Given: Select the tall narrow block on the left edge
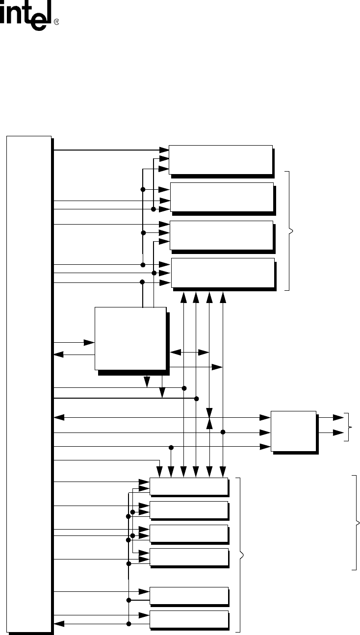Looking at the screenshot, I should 28,384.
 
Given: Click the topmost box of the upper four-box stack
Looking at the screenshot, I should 220,159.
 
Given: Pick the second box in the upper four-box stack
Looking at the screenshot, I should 221,196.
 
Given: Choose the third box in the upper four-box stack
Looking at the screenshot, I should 221,235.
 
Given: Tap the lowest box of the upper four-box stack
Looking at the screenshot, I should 222,272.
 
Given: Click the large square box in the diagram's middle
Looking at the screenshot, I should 130,338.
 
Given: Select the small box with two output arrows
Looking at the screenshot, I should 293,431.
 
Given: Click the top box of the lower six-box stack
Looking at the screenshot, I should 188,487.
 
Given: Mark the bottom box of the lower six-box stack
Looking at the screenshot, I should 188,619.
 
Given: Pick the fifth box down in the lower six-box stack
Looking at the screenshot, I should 188,595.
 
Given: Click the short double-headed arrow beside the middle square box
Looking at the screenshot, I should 189,352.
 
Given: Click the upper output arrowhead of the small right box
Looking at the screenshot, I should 339,418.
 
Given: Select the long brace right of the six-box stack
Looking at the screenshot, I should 240,555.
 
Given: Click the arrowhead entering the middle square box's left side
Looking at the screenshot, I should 90,342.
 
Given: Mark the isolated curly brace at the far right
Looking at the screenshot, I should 356,522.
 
